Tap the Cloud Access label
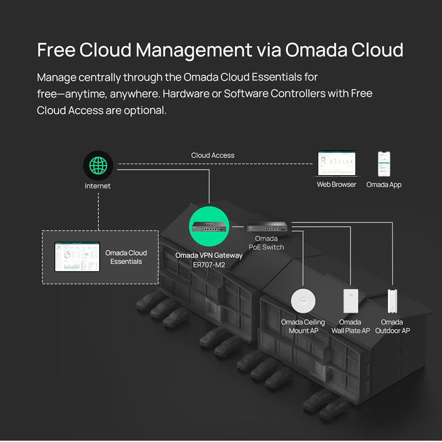click(213, 155)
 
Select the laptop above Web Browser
click(337, 164)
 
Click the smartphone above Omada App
click(384, 164)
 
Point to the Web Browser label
click(336, 184)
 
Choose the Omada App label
click(384, 184)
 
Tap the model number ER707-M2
click(209, 264)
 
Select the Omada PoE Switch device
click(267, 226)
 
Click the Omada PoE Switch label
click(266, 243)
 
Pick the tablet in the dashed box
click(77, 257)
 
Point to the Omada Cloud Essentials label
click(126, 257)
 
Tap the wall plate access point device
click(351, 301)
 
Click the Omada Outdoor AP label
click(392, 326)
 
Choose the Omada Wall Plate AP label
click(351, 326)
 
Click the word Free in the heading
click(56, 50)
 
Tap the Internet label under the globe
click(98, 186)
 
